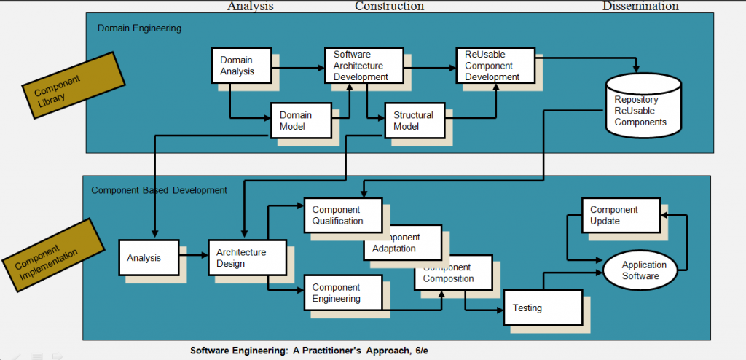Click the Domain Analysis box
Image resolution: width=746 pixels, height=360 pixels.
click(x=240, y=66)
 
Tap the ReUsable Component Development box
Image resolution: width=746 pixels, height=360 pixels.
click(x=492, y=66)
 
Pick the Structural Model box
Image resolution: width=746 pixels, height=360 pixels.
click(x=413, y=120)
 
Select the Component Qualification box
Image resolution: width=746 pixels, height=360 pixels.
click(x=342, y=216)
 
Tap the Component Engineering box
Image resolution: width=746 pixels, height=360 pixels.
click(x=342, y=293)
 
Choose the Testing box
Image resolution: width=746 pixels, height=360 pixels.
click(x=543, y=308)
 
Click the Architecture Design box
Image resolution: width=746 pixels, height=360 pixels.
click(x=238, y=258)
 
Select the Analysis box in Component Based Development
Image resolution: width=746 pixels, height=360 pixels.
click(x=148, y=258)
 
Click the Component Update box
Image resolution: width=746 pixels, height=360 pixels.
click(x=613, y=215)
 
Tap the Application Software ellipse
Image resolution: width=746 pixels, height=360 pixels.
click(x=640, y=270)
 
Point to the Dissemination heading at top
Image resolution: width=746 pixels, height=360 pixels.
click(x=640, y=7)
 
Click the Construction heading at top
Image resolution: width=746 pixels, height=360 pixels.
click(x=389, y=7)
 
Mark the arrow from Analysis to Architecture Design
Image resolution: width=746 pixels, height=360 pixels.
click(x=193, y=256)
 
